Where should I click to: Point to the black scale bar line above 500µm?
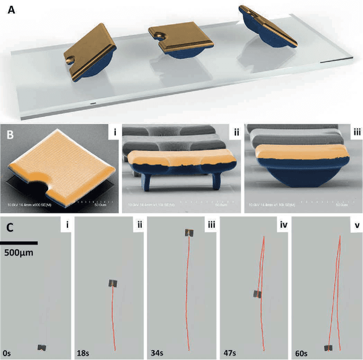(x=19, y=243)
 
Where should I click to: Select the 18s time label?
(x=83, y=353)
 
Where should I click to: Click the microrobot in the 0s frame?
(x=42, y=346)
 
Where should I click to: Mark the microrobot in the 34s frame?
(x=188, y=233)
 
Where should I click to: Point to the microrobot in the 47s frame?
(x=258, y=294)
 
